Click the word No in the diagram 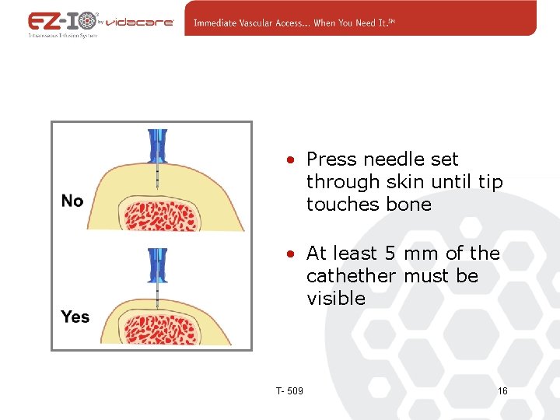(72, 201)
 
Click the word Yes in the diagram (75, 317)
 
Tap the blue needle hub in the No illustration (157, 145)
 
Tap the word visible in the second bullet (336, 299)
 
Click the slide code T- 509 (289, 390)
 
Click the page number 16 (502, 390)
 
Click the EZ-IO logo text (63, 21)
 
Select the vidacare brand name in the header (139, 23)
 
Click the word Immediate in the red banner (222, 23)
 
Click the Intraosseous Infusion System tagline (62, 36)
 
